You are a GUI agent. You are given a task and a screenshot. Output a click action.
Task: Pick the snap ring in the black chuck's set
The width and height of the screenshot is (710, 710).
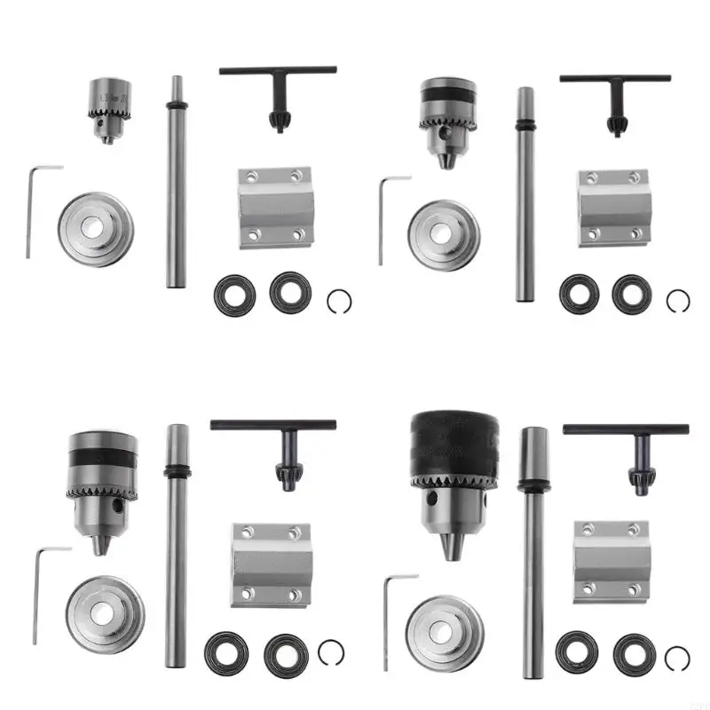pyautogui.click(x=677, y=658)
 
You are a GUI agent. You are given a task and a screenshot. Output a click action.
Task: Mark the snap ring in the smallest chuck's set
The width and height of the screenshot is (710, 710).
pyautogui.click(x=339, y=303)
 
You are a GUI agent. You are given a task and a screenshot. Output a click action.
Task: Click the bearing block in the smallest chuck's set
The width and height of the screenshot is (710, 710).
pyautogui.click(x=275, y=206)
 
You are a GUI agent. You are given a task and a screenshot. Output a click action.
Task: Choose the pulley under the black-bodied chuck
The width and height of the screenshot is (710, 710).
pyautogui.click(x=445, y=631)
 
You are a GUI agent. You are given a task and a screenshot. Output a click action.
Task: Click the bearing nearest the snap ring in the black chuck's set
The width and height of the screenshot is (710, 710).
pyautogui.click(x=633, y=653)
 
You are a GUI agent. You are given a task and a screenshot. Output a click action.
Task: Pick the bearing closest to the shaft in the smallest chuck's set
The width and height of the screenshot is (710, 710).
pyautogui.click(x=235, y=295)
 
